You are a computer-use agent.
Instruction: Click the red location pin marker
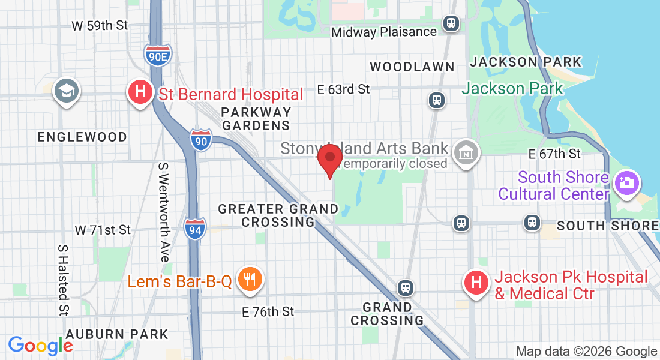[329, 159]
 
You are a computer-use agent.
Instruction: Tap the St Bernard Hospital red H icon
[140, 93]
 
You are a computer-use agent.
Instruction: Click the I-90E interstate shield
[158, 55]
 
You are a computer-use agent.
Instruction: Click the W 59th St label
[100, 26]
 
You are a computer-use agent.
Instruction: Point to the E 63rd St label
[344, 89]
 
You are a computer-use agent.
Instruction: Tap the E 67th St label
[554, 154]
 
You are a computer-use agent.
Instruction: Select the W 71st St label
[103, 230]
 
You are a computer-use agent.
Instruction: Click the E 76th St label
[268, 311]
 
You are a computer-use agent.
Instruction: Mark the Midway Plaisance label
[384, 32]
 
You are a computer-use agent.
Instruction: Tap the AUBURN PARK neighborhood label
[117, 334]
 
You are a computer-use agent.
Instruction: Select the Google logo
[40, 346]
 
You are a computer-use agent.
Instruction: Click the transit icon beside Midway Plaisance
[451, 23]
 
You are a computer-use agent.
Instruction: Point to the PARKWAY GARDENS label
[256, 119]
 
